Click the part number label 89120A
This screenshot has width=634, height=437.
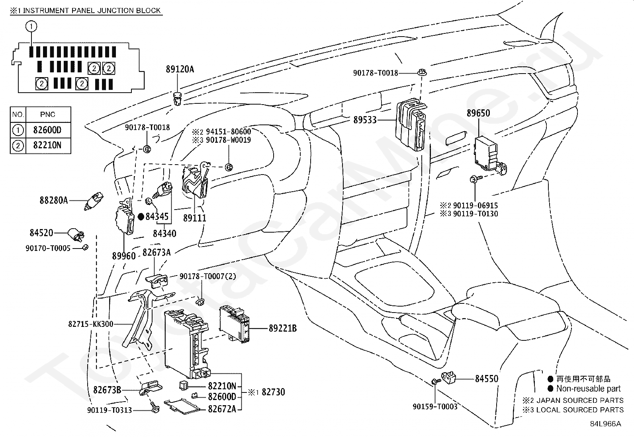(180, 69)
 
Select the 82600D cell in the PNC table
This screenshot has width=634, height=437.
(47, 130)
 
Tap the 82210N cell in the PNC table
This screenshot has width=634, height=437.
(47, 145)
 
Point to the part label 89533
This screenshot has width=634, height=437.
(365, 120)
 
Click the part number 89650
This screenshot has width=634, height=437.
(478, 113)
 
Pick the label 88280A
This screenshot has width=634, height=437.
(54, 200)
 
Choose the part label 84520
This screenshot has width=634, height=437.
(41, 233)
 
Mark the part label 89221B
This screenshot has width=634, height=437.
(283, 328)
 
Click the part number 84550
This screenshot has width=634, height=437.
(487, 379)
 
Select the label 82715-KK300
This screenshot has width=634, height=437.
(90, 324)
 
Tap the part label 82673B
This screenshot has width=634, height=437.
(107, 390)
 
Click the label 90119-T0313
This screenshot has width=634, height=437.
(110, 410)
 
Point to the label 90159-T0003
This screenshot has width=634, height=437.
(435, 406)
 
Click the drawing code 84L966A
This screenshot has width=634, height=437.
(605, 424)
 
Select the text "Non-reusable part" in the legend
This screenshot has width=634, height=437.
(589, 388)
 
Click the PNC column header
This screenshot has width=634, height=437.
(47, 115)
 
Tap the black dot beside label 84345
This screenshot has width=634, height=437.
(141, 217)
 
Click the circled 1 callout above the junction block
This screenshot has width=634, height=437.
(31, 27)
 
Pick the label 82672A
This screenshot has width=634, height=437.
(222, 409)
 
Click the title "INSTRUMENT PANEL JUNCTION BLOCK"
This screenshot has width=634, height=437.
(92, 11)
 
